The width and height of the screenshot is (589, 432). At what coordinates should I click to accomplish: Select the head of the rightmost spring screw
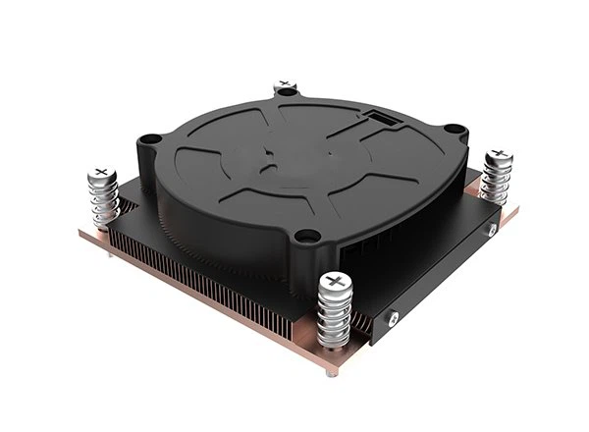(498, 156)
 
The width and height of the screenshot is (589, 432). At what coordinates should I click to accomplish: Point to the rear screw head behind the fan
(285, 85)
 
